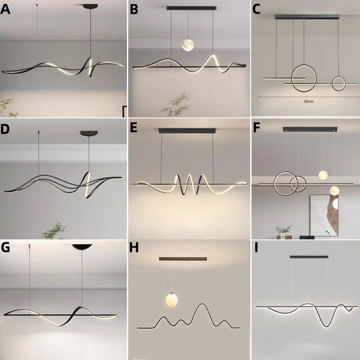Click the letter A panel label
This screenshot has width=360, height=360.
point(5,9)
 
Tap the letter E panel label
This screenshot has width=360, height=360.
point(133,128)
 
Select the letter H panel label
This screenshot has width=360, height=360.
point(134,247)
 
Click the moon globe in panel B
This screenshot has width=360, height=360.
point(188,45)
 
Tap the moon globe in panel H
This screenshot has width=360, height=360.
point(171,300)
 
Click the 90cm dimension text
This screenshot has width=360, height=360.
point(308,101)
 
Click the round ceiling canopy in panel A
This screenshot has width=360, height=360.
point(90,7)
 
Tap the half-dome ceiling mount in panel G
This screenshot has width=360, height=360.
point(82,247)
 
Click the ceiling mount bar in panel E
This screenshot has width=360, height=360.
point(187,130)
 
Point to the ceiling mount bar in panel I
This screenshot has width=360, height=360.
point(309,257)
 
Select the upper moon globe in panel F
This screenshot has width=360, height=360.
point(323,175)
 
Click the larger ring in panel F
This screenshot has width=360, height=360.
point(274,184)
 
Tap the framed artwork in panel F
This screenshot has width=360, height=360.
point(324,215)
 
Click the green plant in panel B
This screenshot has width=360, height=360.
point(176,104)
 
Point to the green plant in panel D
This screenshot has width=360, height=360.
point(54,231)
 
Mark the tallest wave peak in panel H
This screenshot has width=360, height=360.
point(202,304)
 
